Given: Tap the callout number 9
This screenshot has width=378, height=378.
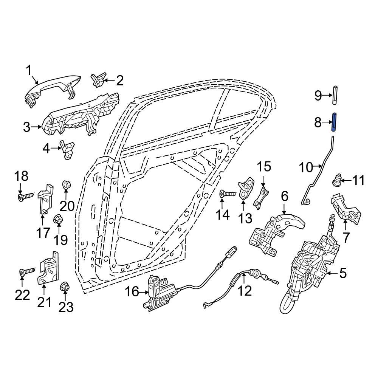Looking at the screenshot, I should (x=318, y=95).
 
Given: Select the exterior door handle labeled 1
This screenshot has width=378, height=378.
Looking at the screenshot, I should (x=53, y=89).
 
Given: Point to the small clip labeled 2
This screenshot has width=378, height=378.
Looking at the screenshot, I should (x=98, y=80).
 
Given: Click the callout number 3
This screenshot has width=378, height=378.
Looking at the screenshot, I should (x=26, y=127).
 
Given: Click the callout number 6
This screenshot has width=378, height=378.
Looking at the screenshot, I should (x=284, y=196).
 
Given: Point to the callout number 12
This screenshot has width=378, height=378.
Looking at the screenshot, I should (x=245, y=291).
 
